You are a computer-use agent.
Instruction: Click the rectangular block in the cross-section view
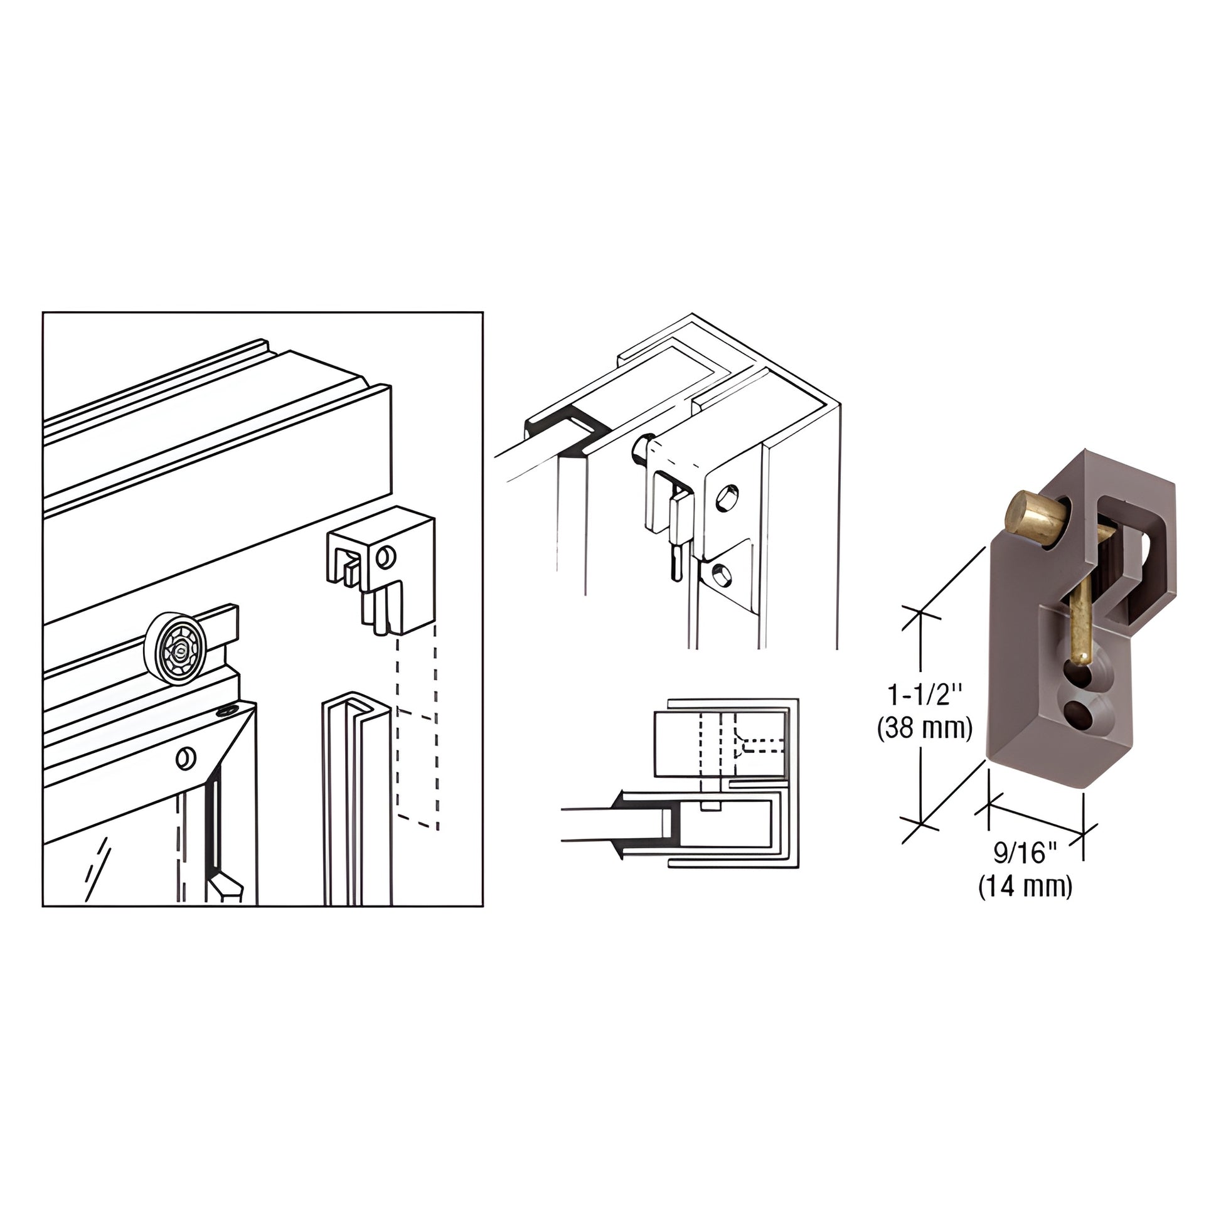680,745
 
